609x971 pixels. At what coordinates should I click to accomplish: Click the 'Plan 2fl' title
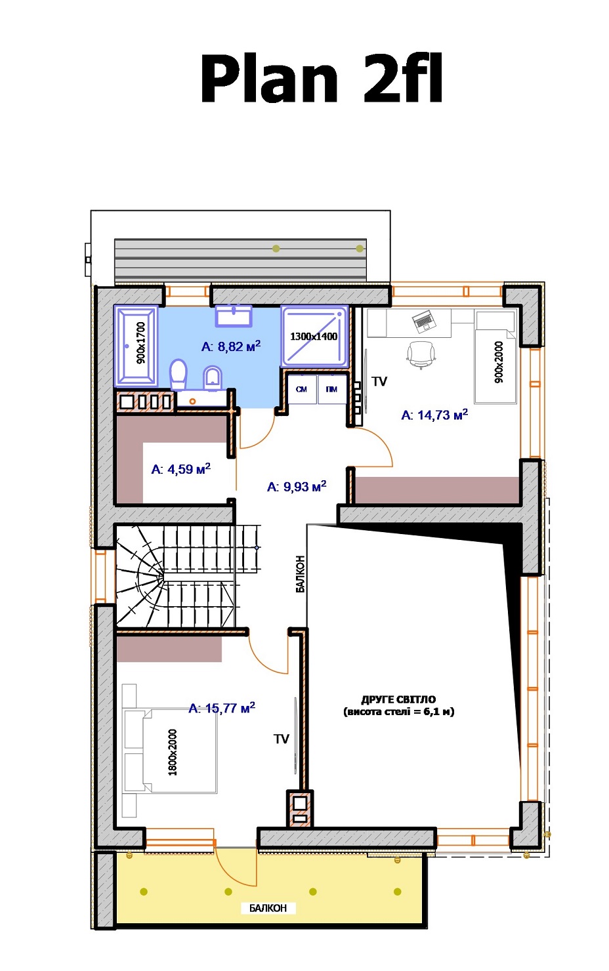pos(321,79)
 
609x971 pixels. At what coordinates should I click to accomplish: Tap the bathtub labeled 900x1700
pos(136,346)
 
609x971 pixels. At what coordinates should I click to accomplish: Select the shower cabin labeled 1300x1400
pos(315,336)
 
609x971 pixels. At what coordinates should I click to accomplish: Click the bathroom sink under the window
pos(234,315)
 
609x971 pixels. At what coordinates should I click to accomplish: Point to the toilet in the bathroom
pos(178,375)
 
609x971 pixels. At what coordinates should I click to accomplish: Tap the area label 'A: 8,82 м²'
pos(231,346)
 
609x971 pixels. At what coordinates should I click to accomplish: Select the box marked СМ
pos(302,389)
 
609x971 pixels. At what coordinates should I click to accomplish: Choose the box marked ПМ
pos(332,389)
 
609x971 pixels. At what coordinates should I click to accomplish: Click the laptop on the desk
pos(424,321)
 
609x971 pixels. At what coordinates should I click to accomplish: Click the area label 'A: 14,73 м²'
pos(434,415)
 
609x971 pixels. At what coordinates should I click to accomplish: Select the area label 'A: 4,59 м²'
pos(180,468)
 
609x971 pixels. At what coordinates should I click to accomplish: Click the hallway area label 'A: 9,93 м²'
pos(297,486)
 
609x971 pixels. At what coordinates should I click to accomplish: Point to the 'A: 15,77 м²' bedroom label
pos(222,708)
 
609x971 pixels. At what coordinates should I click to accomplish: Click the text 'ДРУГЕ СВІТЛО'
pos(398,699)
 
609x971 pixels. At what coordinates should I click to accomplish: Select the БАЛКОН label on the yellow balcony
pos(268,908)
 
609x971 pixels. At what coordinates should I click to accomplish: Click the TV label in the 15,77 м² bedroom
pos(282,739)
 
